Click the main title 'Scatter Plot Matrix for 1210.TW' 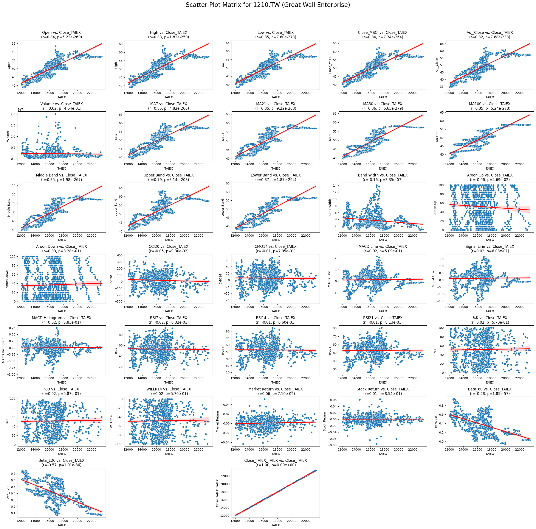268,5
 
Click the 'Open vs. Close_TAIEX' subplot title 61,33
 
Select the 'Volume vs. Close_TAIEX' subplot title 61,104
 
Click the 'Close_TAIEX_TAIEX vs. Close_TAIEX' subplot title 276,460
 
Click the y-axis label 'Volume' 8,136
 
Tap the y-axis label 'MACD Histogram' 4,350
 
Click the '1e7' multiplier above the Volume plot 20,110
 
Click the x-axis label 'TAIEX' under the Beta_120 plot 61,525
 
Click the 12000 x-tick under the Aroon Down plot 21,307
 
